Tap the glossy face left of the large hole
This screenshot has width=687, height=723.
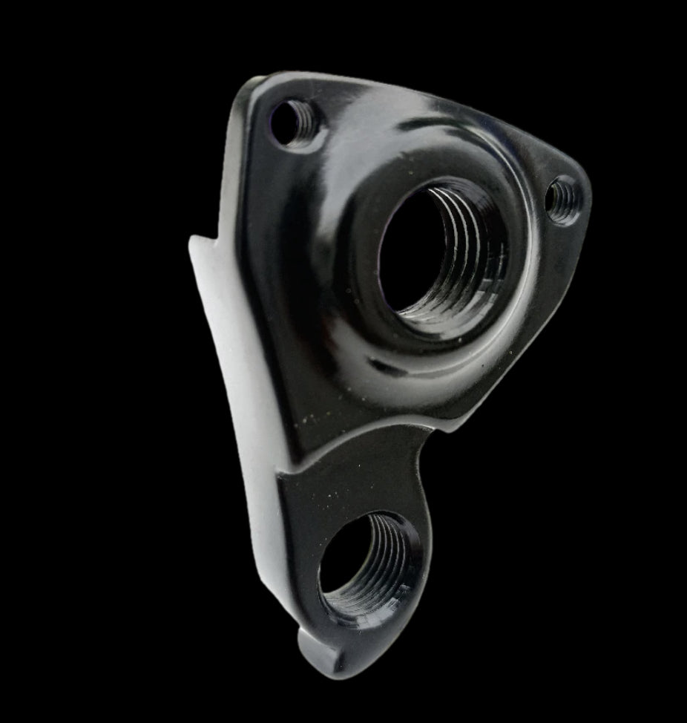pos(312,245)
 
